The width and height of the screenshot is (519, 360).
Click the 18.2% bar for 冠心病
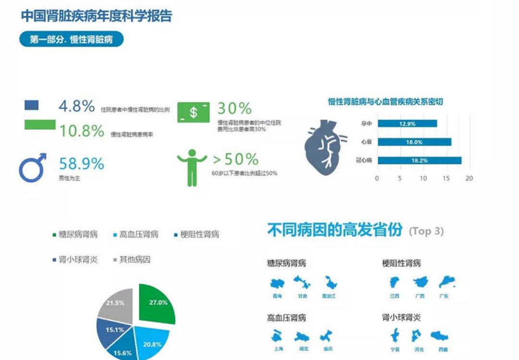[419, 160]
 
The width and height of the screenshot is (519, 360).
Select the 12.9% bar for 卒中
[407, 124]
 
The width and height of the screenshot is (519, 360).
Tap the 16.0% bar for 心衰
[414, 142]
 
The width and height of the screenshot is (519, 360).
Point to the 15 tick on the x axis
[446, 178]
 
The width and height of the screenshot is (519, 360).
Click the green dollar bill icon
[193, 112]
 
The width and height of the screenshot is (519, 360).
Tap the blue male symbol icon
[33, 167]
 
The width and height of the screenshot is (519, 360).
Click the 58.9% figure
[81, 163]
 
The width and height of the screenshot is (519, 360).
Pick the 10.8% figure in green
[81, 130]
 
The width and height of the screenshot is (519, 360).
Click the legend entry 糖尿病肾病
[74, 235]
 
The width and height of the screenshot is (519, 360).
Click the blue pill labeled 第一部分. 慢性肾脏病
[71, 39]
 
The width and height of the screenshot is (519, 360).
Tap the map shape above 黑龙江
[329, 283]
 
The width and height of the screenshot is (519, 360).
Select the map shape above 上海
[276, 336]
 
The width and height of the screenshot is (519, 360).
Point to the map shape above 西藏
[439, 336]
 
